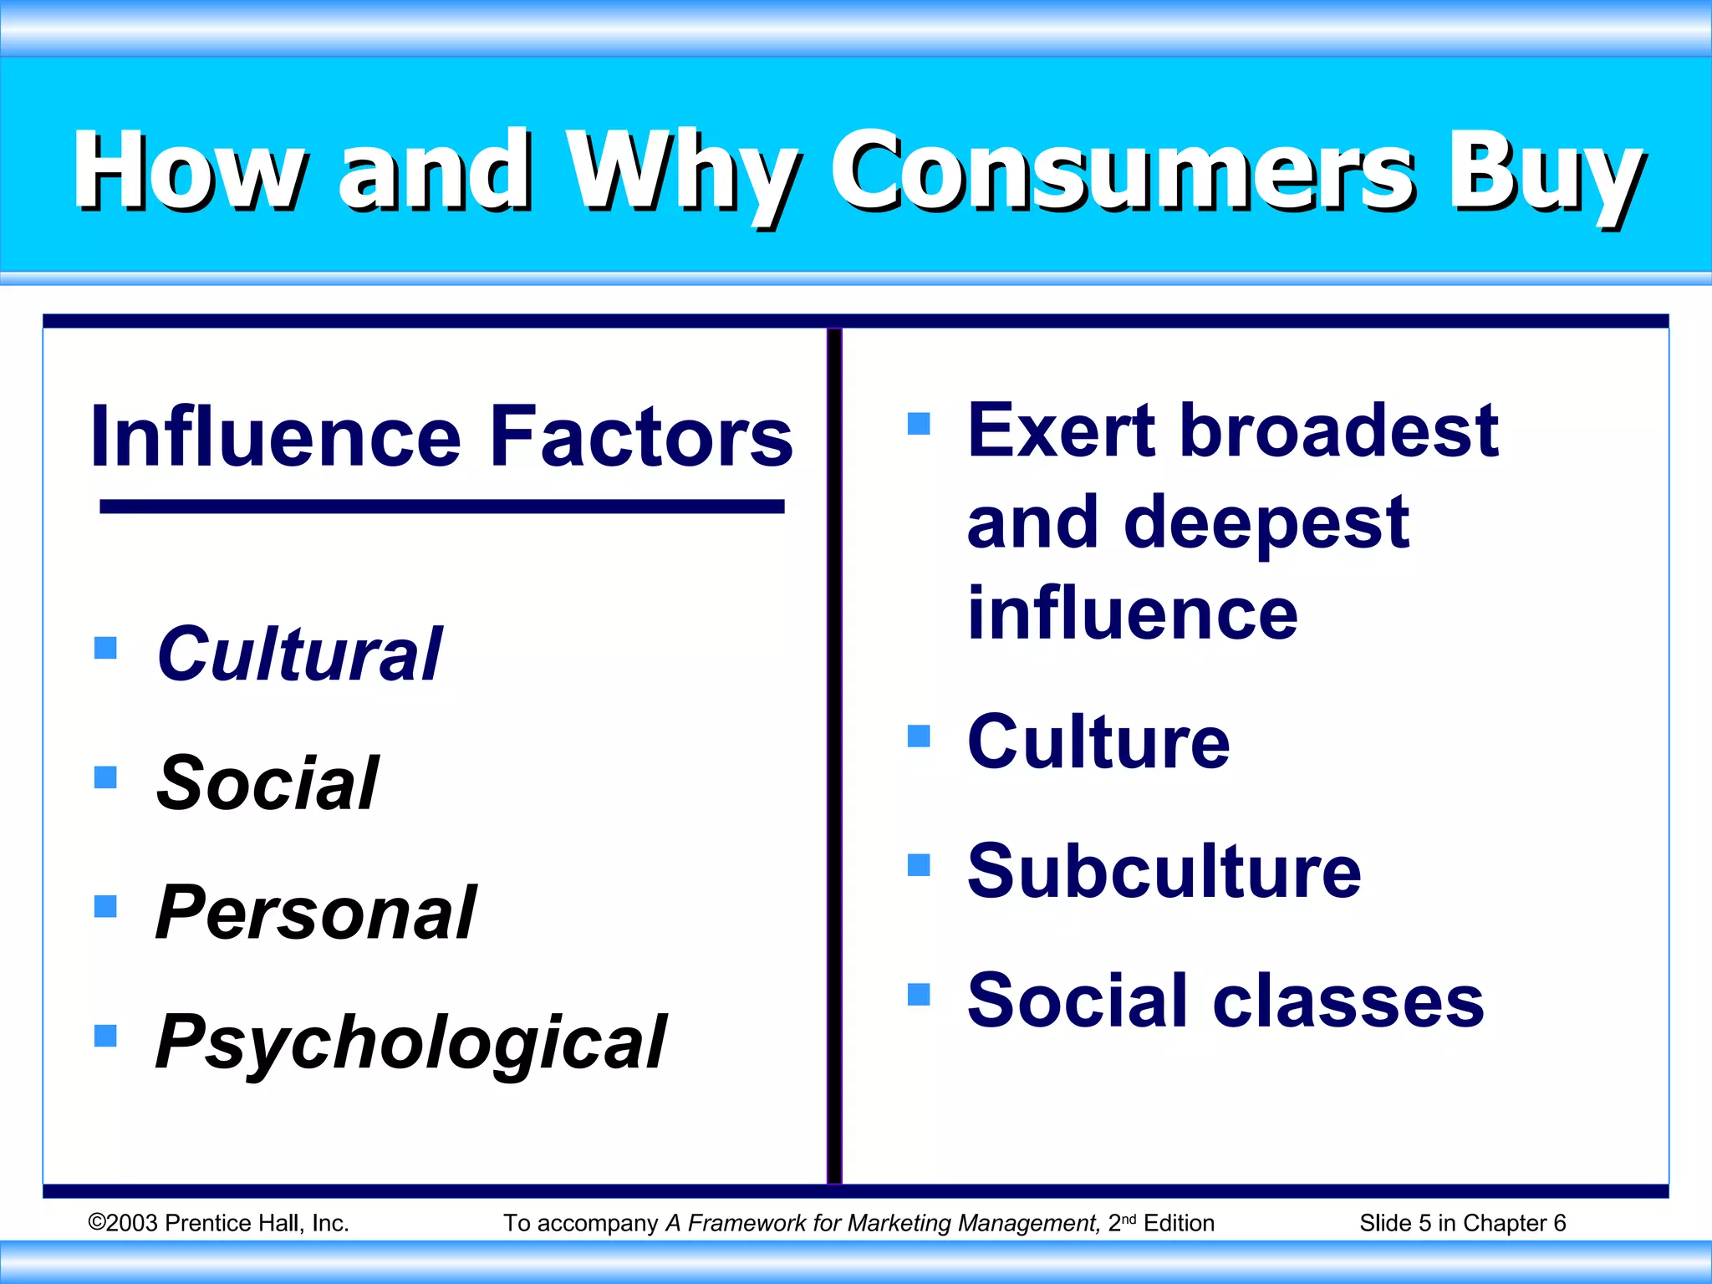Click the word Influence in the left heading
(275, 436)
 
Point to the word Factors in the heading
(641, 436)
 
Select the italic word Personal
(316, 913)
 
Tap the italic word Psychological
(411, 1042)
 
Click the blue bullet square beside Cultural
(105, 648)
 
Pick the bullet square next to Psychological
(105, 1036)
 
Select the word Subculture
(1164, 871)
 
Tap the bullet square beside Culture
(919, 736)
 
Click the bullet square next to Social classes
(919, 994)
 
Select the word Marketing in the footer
(900, 1223)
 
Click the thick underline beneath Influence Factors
(441, 507)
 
